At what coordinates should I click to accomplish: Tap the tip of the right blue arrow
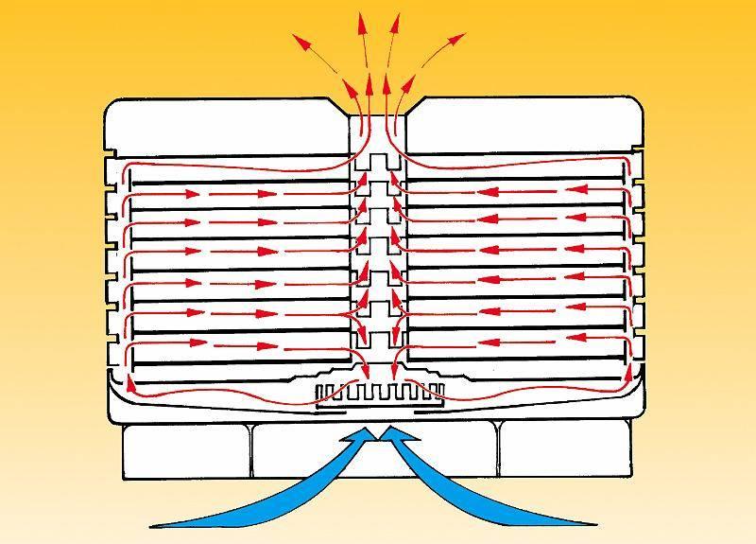[389, 432]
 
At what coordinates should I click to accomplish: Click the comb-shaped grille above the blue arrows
[378, 390]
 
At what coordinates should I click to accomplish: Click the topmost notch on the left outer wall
[111, 152]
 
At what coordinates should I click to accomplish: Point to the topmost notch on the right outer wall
[643, 152]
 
